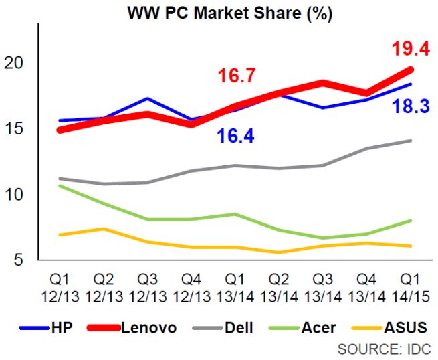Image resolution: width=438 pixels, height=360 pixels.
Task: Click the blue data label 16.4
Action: pos(236,136)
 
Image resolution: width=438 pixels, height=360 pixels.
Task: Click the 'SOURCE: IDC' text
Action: pos(384,349)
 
